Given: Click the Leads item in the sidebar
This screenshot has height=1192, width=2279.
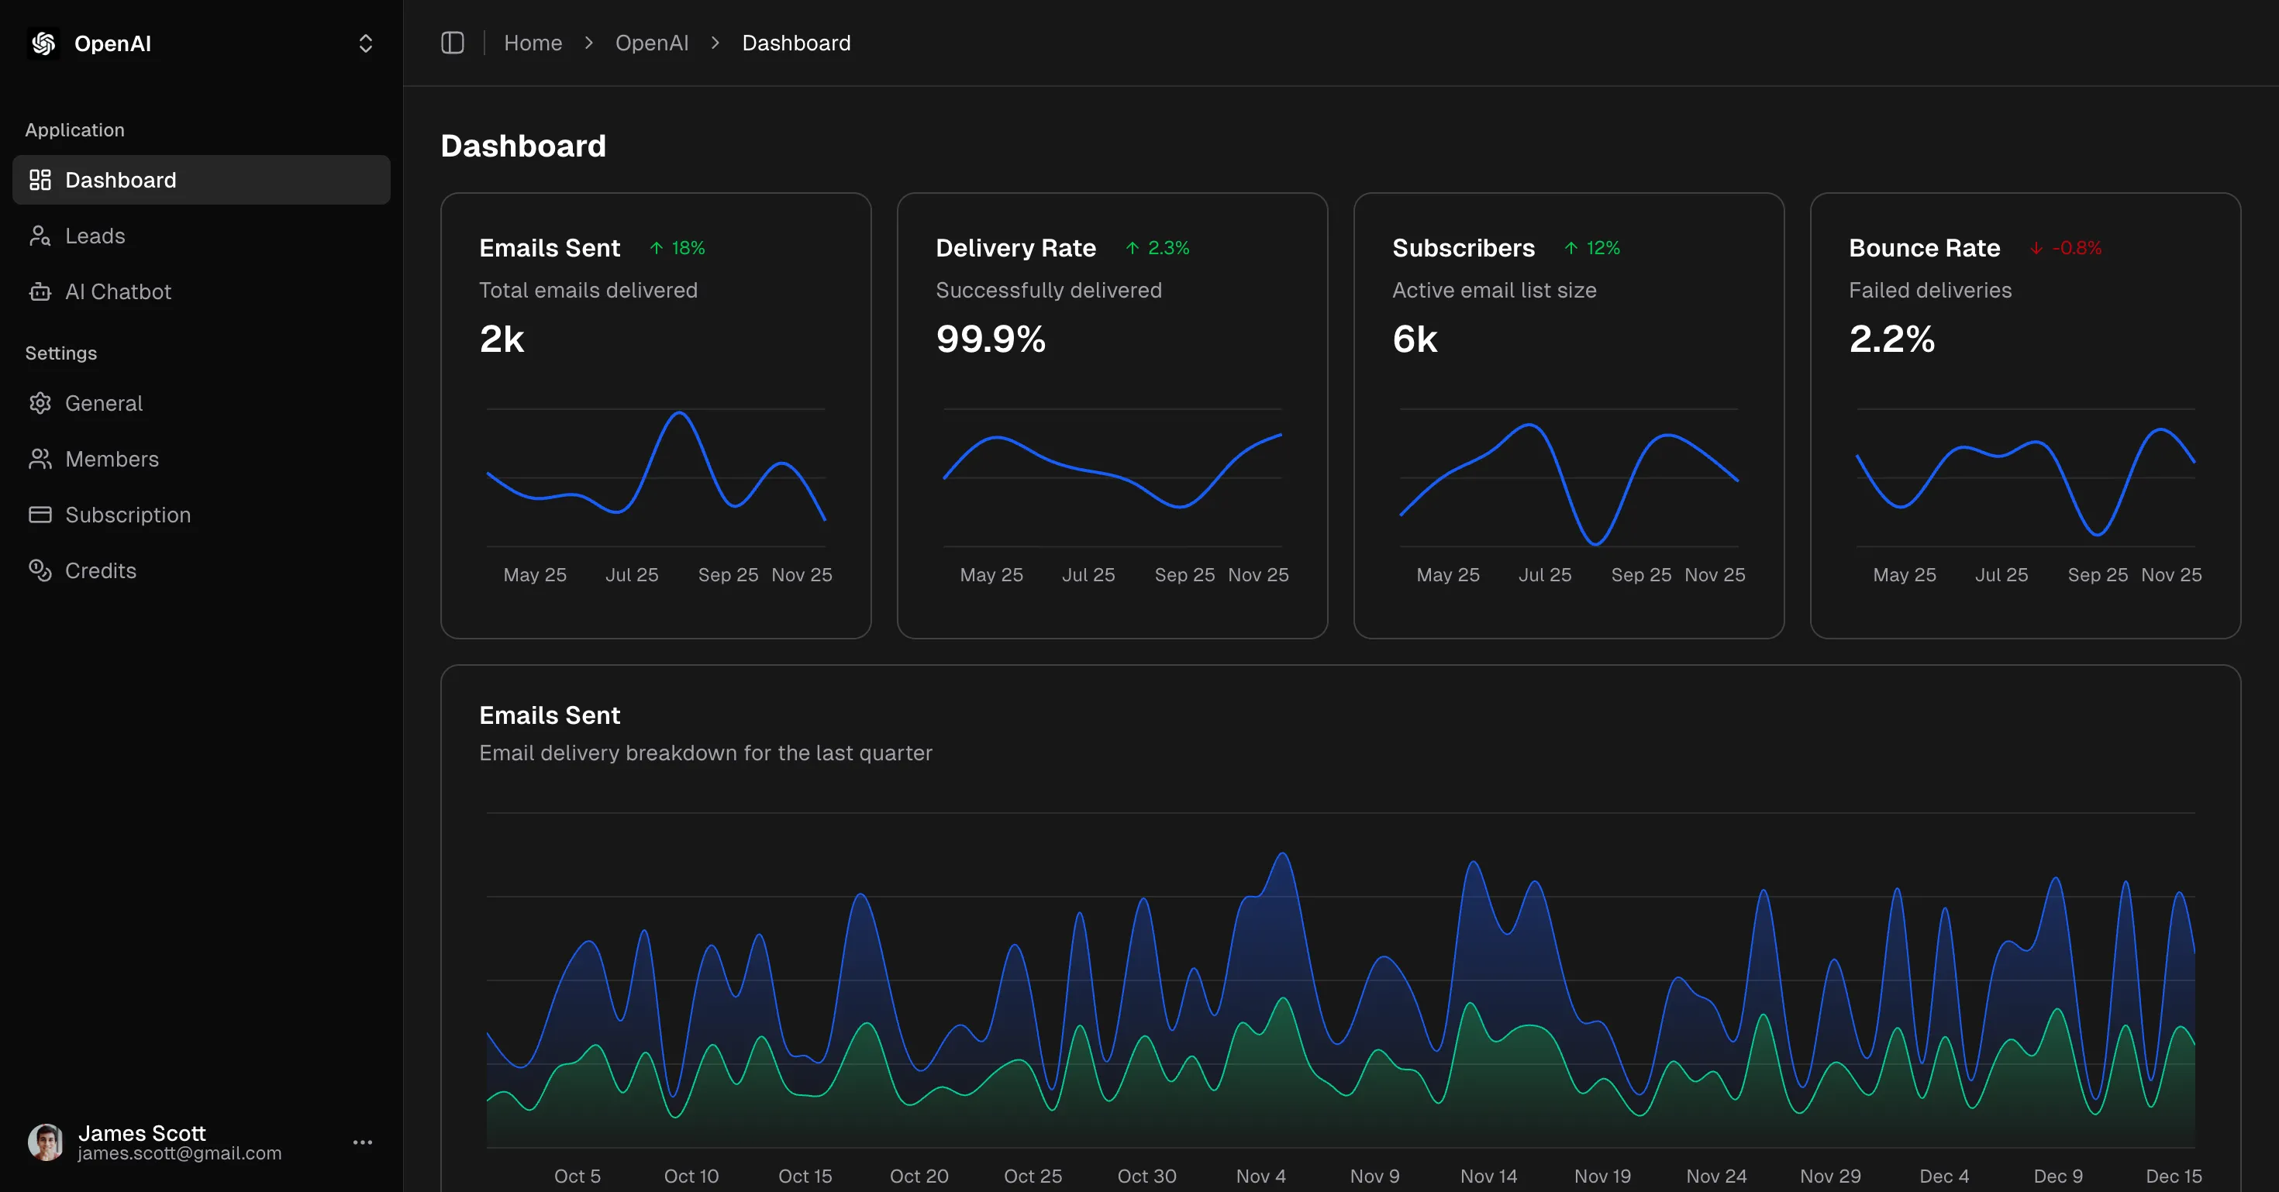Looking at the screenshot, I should [95, 236].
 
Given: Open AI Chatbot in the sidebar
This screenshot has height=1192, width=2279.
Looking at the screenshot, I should [118, 292].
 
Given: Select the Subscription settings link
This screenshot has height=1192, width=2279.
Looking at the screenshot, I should [127, 515].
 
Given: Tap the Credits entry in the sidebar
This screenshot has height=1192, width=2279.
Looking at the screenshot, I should [100, 570].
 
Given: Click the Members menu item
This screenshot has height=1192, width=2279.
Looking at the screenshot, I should [112, 459].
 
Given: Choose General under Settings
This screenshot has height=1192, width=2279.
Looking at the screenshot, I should [104, 403].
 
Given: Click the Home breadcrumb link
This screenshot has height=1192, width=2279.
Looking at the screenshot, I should [533, 43].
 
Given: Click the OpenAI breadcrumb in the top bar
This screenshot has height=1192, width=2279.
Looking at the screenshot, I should [651, 43].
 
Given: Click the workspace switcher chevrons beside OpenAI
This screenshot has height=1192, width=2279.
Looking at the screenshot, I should [365, 43].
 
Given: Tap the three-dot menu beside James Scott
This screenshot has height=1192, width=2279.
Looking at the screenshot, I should [363, 1142].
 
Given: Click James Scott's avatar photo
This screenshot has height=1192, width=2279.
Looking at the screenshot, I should [45, 1142].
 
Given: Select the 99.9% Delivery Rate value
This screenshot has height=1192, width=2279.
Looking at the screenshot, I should [990, 339].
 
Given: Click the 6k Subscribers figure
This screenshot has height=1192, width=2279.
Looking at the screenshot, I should [1414, 339].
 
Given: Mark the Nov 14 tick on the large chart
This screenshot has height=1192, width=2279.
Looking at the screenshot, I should [1488, 1176].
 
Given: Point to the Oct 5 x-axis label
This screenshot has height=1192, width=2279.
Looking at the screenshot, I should [577, 1176].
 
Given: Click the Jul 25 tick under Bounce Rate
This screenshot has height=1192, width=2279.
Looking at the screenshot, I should [2001, 575].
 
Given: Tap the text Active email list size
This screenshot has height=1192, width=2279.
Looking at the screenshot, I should [1494, 290].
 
